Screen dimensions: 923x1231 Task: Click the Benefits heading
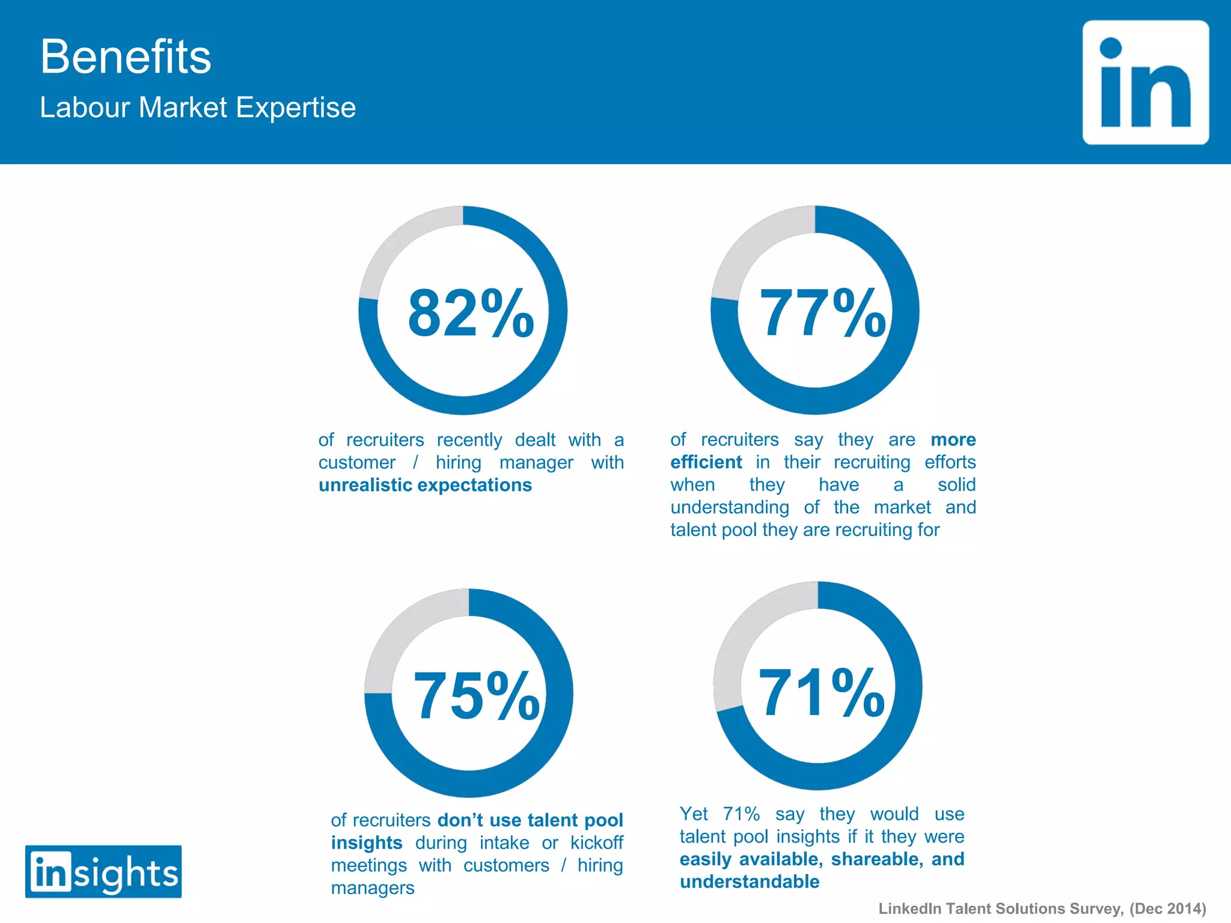tap(126, 56)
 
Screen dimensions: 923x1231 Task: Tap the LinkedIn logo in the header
tap(1146, 82)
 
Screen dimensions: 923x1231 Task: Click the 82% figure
tap(471, 313)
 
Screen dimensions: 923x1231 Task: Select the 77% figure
tap(822, 313)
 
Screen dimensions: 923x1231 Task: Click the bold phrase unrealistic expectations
tap(425, 485)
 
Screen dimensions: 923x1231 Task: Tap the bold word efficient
tap(706, 462)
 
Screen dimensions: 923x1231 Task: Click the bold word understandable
tap(750, 882)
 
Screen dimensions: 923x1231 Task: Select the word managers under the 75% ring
tap(373, 888)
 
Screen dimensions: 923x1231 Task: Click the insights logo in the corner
tap(103, 872)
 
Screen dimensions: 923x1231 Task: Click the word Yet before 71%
tap(694, 814)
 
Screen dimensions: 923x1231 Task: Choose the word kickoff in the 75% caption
tap(596, 843)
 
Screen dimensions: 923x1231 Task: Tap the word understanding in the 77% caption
tap(730, 508)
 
